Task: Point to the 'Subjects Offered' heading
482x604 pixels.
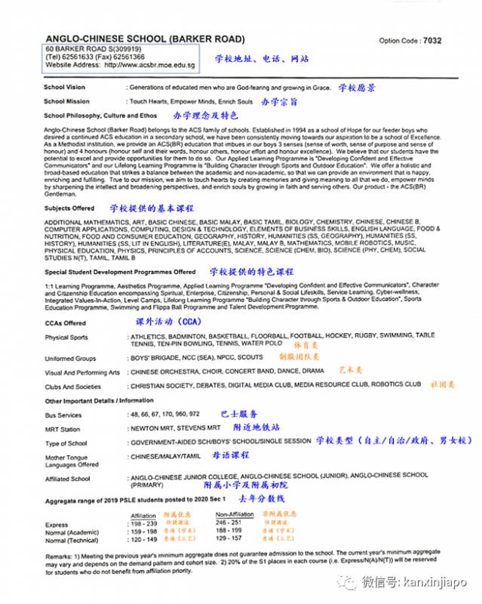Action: [x=69, y=208]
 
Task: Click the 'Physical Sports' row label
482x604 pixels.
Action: [x=66, y=337]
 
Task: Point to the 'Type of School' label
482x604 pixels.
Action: [x=67, y=443]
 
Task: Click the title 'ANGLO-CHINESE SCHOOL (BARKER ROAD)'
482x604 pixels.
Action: [x=146, y=39]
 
